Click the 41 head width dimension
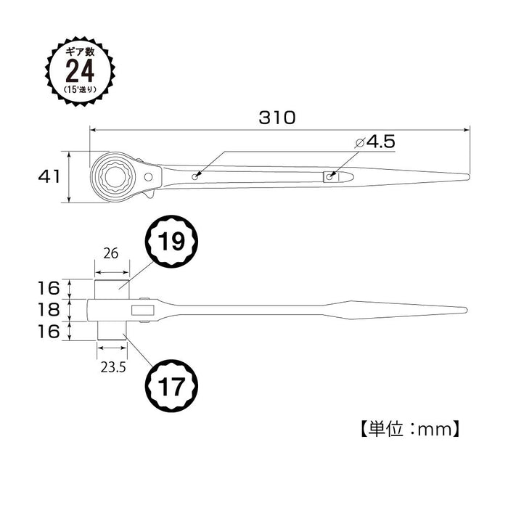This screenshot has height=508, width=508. [47, 176]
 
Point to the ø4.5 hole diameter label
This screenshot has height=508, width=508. [375, 142]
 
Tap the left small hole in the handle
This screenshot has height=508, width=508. [196, 176]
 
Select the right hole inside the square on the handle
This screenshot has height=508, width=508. [330, 176]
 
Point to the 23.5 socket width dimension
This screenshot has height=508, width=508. [113, 367]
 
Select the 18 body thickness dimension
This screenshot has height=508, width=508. [48, 311]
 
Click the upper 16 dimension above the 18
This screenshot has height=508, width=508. [48, 289]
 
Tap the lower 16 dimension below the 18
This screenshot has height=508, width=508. [48, 332]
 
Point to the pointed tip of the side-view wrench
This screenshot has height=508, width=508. [464, 311]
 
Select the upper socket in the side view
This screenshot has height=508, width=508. [112, 288]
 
